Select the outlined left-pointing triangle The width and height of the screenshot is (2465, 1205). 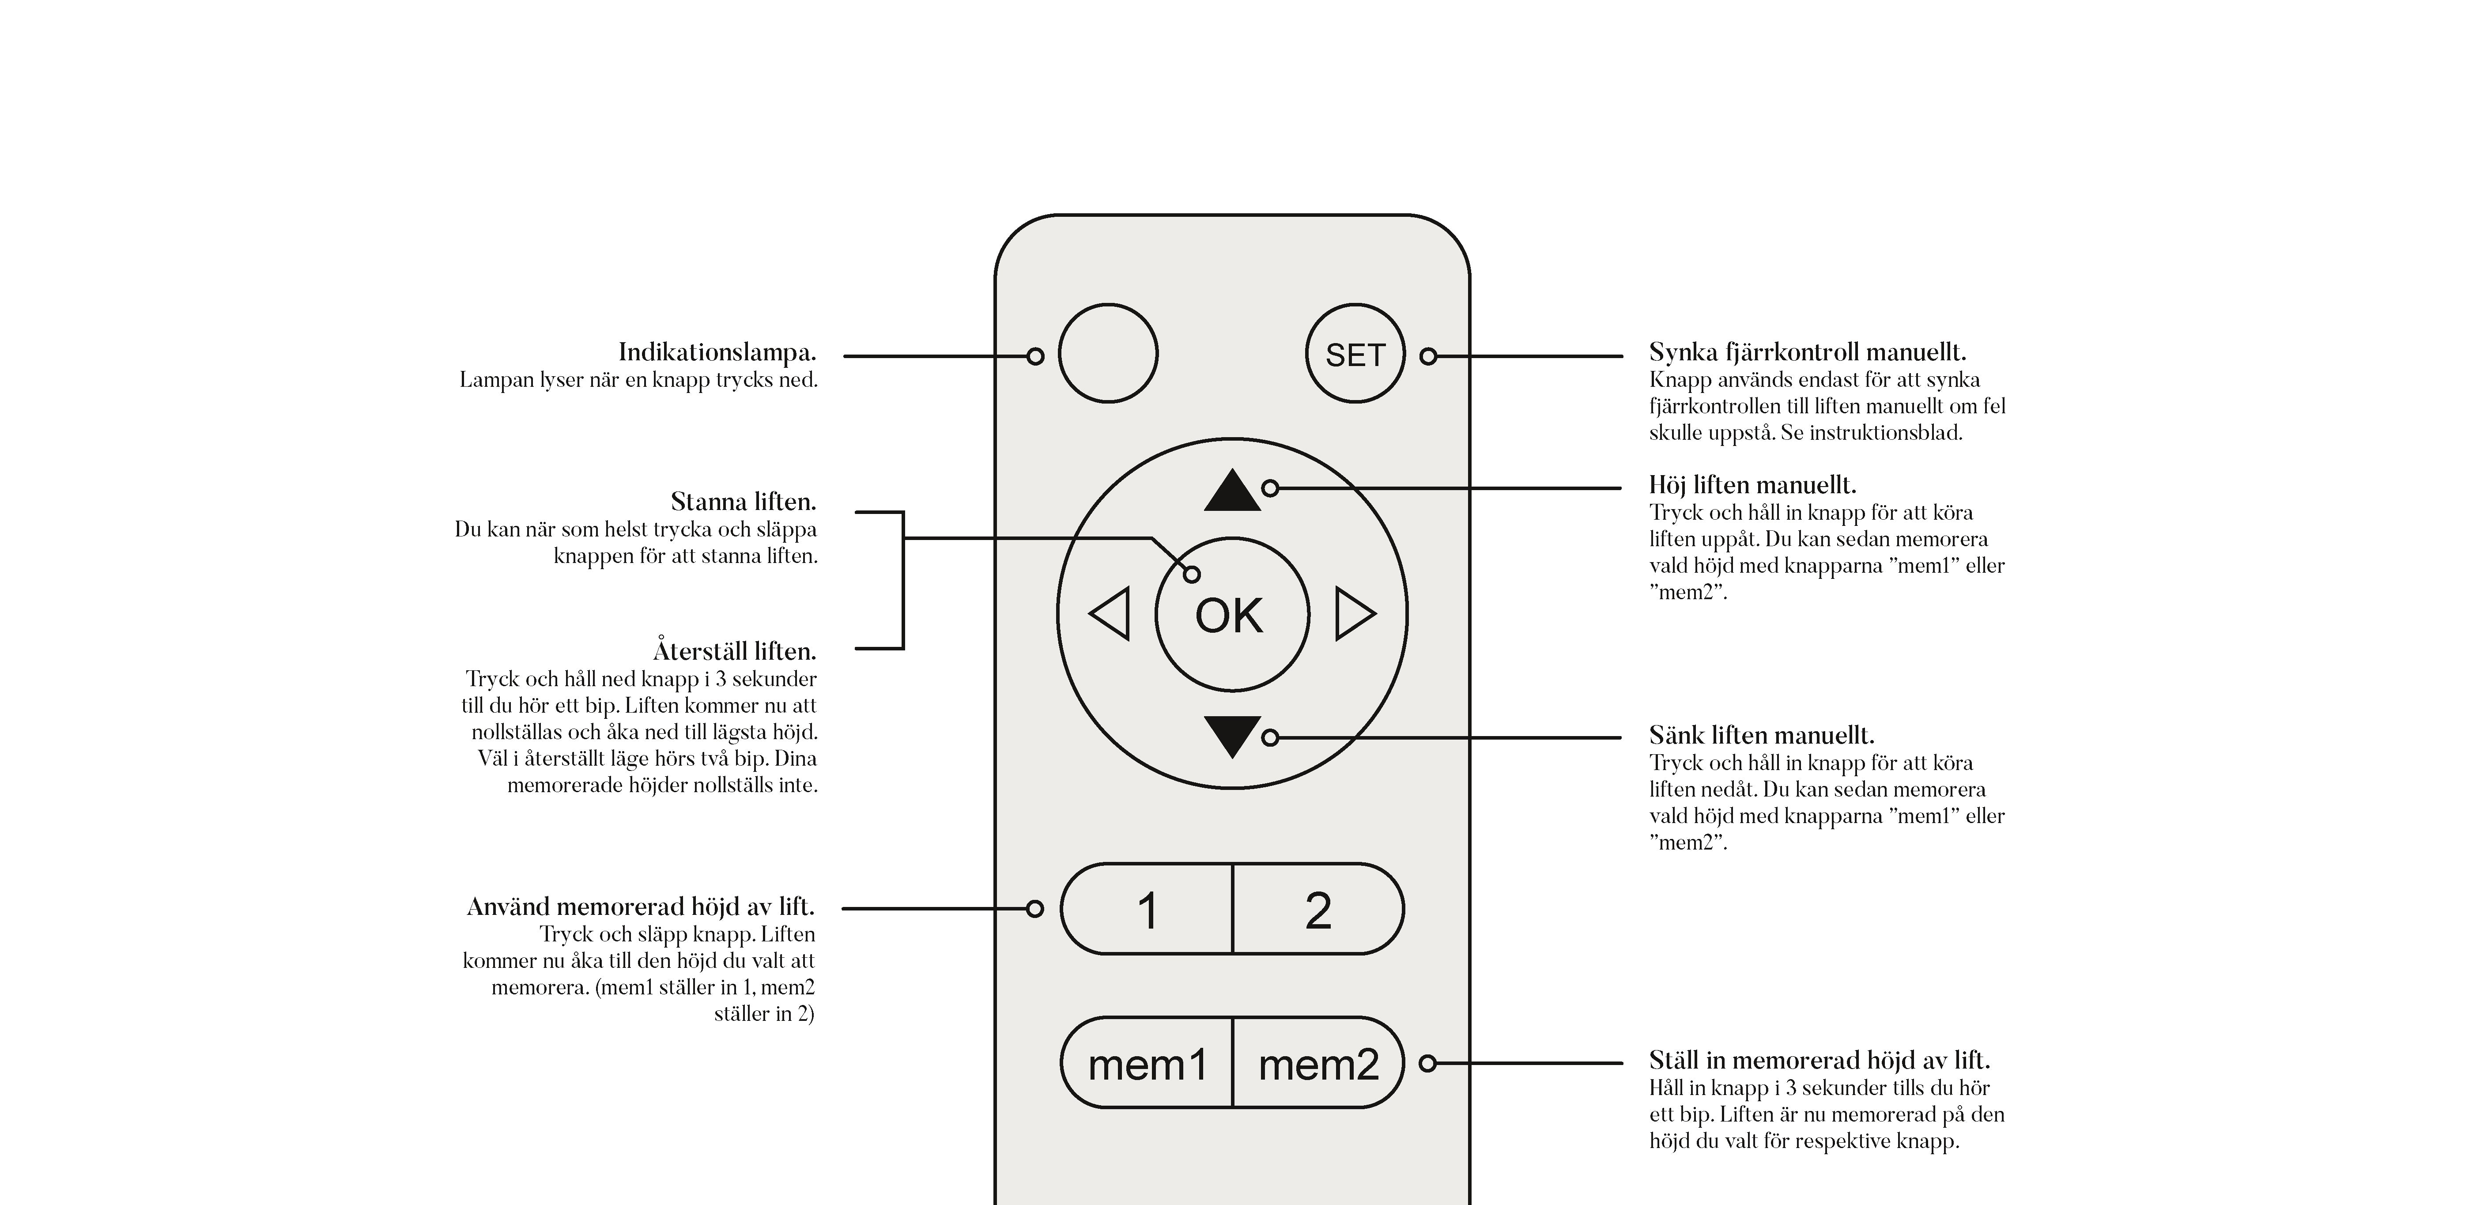click(1111, 613)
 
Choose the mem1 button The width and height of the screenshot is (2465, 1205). click(1148, 1063)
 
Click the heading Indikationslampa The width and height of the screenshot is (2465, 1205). click(717, 352)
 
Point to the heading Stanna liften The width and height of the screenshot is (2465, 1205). click(743, 502)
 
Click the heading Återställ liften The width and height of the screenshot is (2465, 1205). click(734, 651)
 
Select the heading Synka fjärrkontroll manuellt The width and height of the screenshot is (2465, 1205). click(1807, 352)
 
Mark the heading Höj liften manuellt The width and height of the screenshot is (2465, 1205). click(1752, 485)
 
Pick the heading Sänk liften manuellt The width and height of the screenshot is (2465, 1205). click(1761, 735)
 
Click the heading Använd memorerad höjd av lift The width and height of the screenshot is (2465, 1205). click(640, 907)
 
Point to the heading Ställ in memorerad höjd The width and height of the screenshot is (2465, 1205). click(1819, 1061)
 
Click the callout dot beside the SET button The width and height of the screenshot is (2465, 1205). click(1428, 356)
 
